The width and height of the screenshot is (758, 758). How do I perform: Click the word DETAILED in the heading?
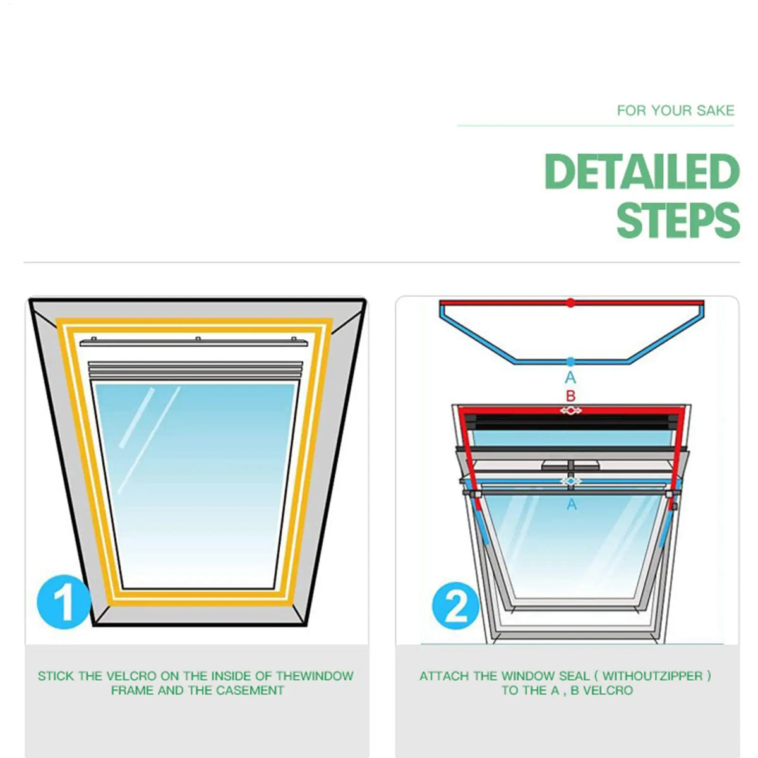pyautogui.click(x=642, y=172)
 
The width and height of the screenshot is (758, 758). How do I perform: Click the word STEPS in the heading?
pyautogui.click(x=678, y=220)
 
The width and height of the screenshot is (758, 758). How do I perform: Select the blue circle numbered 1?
pyautogui.click(x=63, y=601)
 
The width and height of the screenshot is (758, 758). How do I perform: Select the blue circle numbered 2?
pyautogui.click(x=455, y=606)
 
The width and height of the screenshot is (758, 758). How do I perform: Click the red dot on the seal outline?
pyautogui.click(x=570, y=303)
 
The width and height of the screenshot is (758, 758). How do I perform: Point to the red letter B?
pyautogui.click(x=571, y=395)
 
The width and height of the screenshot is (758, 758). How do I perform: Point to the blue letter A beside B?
pyautogui.click(x=570, y=378)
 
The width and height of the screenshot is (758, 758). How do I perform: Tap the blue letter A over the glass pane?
pyautogui.click(x=572, y=504)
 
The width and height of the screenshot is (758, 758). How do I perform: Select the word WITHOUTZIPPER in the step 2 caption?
pyautogui.click(x=653, y=676)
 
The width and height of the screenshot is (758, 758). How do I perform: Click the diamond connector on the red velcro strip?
pyautogui.click(x=570, y=411)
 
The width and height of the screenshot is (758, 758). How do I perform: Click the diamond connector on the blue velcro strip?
pyautogui.click(x=571, y=481)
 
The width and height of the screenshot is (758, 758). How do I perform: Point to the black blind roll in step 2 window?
pyautogui.click(x=571, y=422)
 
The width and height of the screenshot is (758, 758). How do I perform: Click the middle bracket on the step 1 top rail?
pyautogui.click(x=198, y=339)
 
